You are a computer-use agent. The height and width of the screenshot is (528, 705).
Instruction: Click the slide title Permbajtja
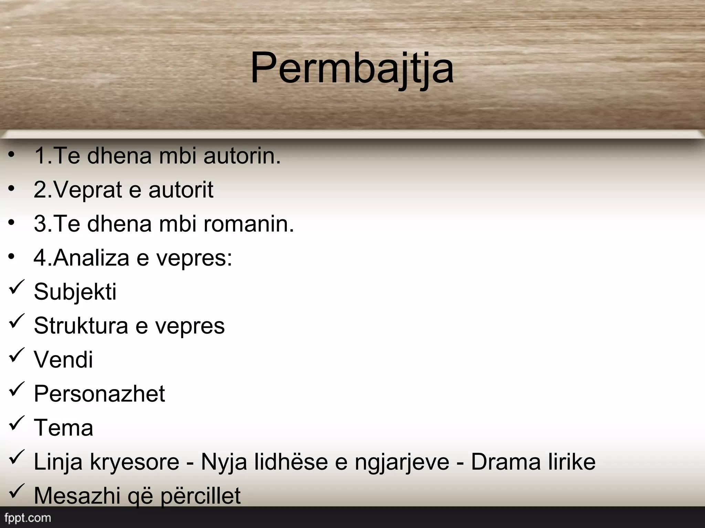pos(352,68)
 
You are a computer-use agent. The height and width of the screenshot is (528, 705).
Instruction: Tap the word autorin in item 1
pos(242,156)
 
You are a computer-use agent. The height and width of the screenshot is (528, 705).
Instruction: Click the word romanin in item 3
pos(249,224)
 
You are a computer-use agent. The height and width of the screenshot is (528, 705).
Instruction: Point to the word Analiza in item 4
pos(92,257)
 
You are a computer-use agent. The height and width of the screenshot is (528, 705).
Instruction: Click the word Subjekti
pos(75,292)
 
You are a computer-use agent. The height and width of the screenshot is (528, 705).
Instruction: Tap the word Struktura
pos(81,326)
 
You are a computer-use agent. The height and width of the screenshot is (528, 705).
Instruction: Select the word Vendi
pos(63,360)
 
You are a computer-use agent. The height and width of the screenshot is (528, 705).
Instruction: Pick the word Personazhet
pos(99,394)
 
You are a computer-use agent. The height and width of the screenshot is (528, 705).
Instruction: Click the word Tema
pos(63,428)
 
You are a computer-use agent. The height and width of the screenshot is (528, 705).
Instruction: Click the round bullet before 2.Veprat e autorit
pos(12,188)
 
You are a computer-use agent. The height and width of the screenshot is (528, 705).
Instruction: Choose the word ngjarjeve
pos(402,462)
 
